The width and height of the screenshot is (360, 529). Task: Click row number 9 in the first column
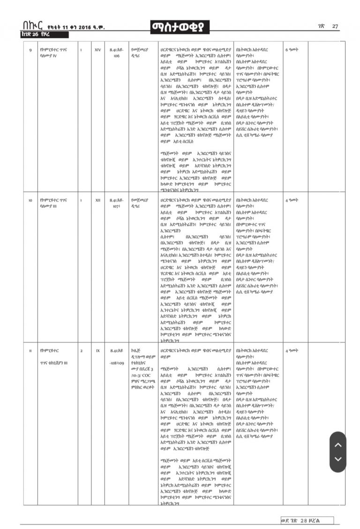(30, 49)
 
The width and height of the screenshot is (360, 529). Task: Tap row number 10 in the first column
(30, 200)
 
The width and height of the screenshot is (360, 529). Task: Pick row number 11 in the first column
(30, 350)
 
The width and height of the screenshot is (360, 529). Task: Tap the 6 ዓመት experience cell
(292, 49)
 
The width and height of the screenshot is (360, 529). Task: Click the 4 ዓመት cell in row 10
(292, 200)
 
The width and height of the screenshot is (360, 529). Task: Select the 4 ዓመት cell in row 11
(292, 350)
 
